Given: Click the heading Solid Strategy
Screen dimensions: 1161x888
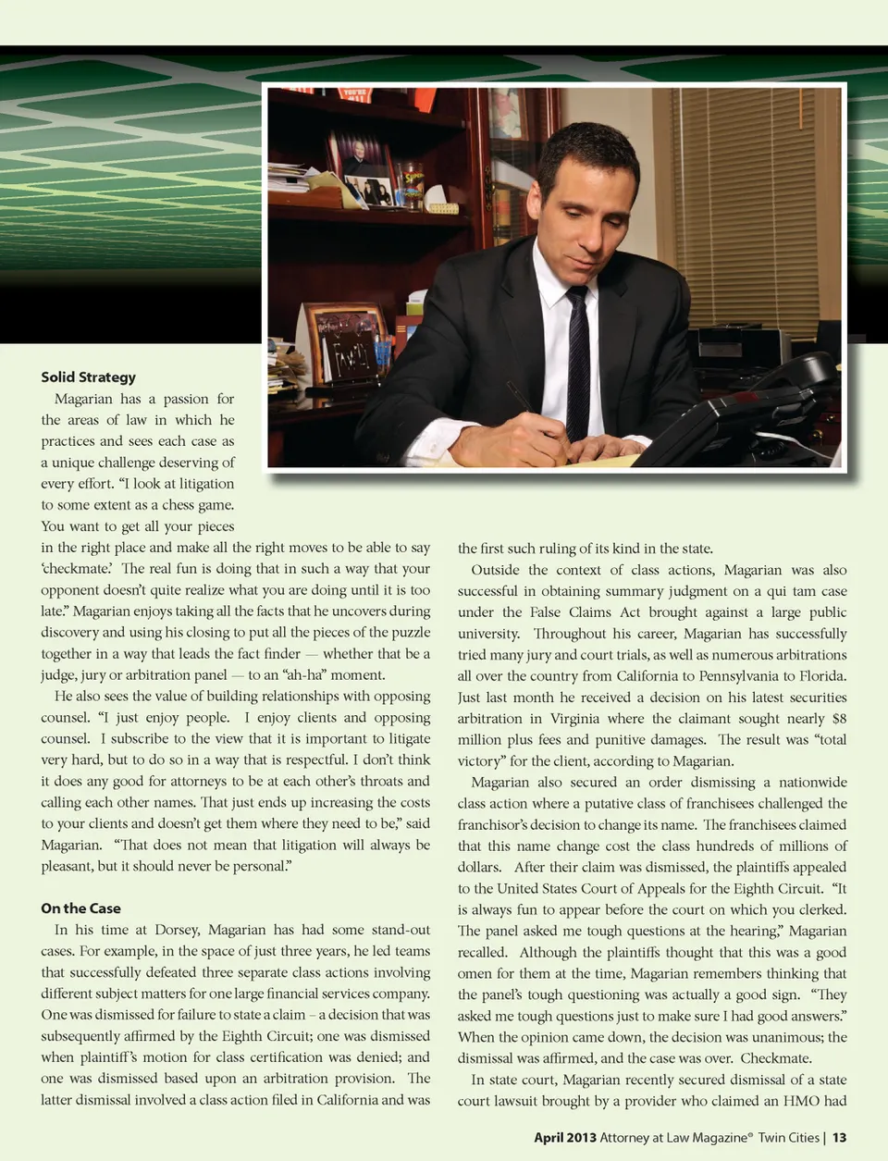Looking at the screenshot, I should coord(88,377).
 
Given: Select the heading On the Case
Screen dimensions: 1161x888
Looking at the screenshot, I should coord(80,908).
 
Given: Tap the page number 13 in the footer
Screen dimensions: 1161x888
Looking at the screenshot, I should coord(839,1137).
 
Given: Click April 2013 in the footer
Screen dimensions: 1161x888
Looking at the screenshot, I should coord(564,1137).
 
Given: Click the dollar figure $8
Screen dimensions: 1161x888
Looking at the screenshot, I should coord(839,719).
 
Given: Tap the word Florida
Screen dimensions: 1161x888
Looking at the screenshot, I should coord(820,676).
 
